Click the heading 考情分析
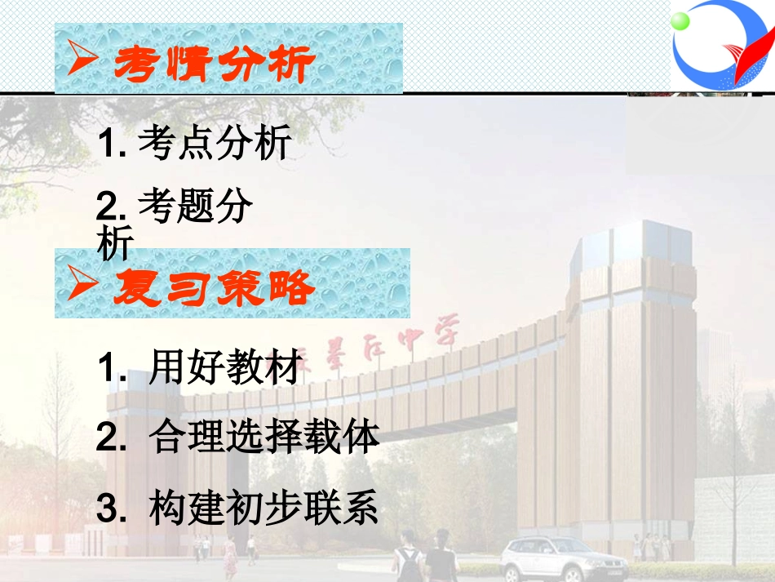pyautogui.click(x=214, y=63)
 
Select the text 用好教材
pyautogui.click(x=226, y=369)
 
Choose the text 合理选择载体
pyautogui.click(x=264, y=438)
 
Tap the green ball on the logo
pyautogui.click(x=681, y=21)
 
